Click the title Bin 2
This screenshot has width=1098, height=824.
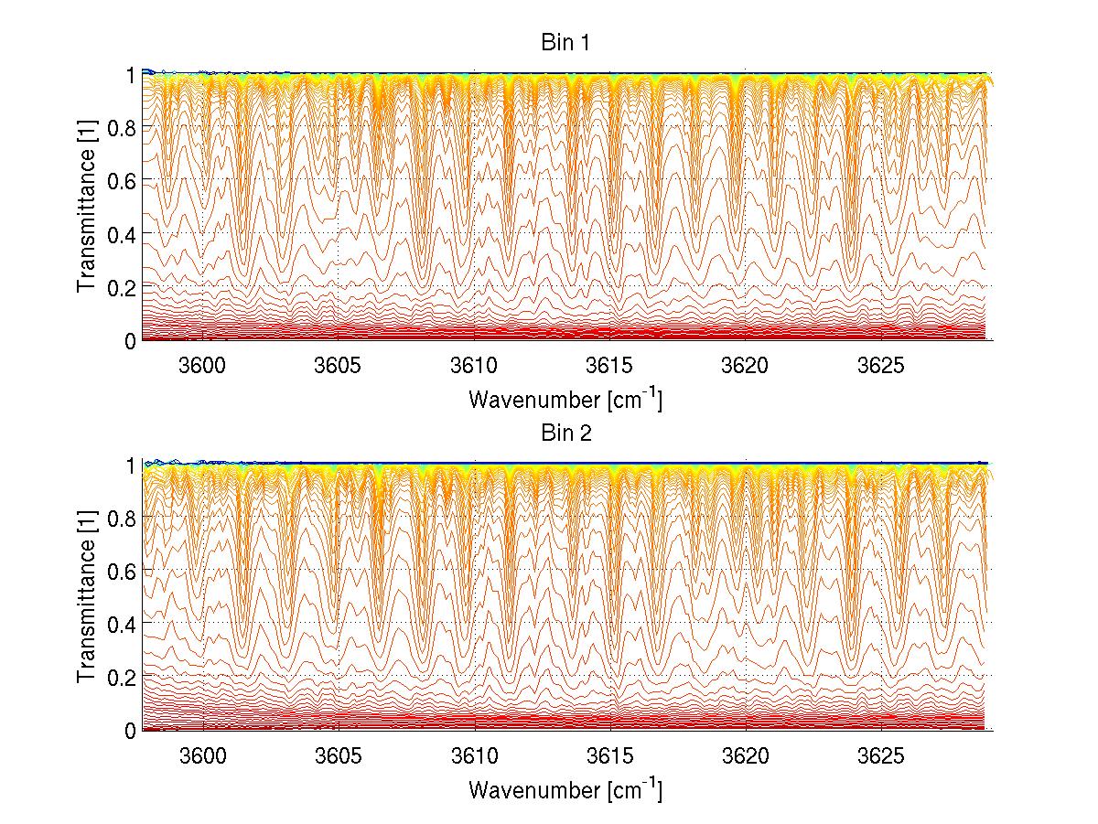pyautogui.click(x=565, y=433)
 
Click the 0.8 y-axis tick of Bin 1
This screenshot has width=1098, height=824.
pyautogui.click(x=122, y=127)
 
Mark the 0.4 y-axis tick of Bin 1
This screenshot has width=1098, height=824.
pyautogui.click(x=122, y=234)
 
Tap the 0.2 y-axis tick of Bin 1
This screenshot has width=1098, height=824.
pyautogui.click(x=122, y=287)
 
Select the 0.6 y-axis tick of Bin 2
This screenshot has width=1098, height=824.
pyautogui.click(x=122, y=571)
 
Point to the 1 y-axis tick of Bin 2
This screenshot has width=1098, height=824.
pyautogui.click(x=130, y=465)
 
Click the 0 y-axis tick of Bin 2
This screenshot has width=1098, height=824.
pyautogui.click(x=130, y=730)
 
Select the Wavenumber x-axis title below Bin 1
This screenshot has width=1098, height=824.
pyautogui.click(x=565, y=400)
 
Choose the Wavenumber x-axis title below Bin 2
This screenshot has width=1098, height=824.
pyautogui.click(x=565, y=789)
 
